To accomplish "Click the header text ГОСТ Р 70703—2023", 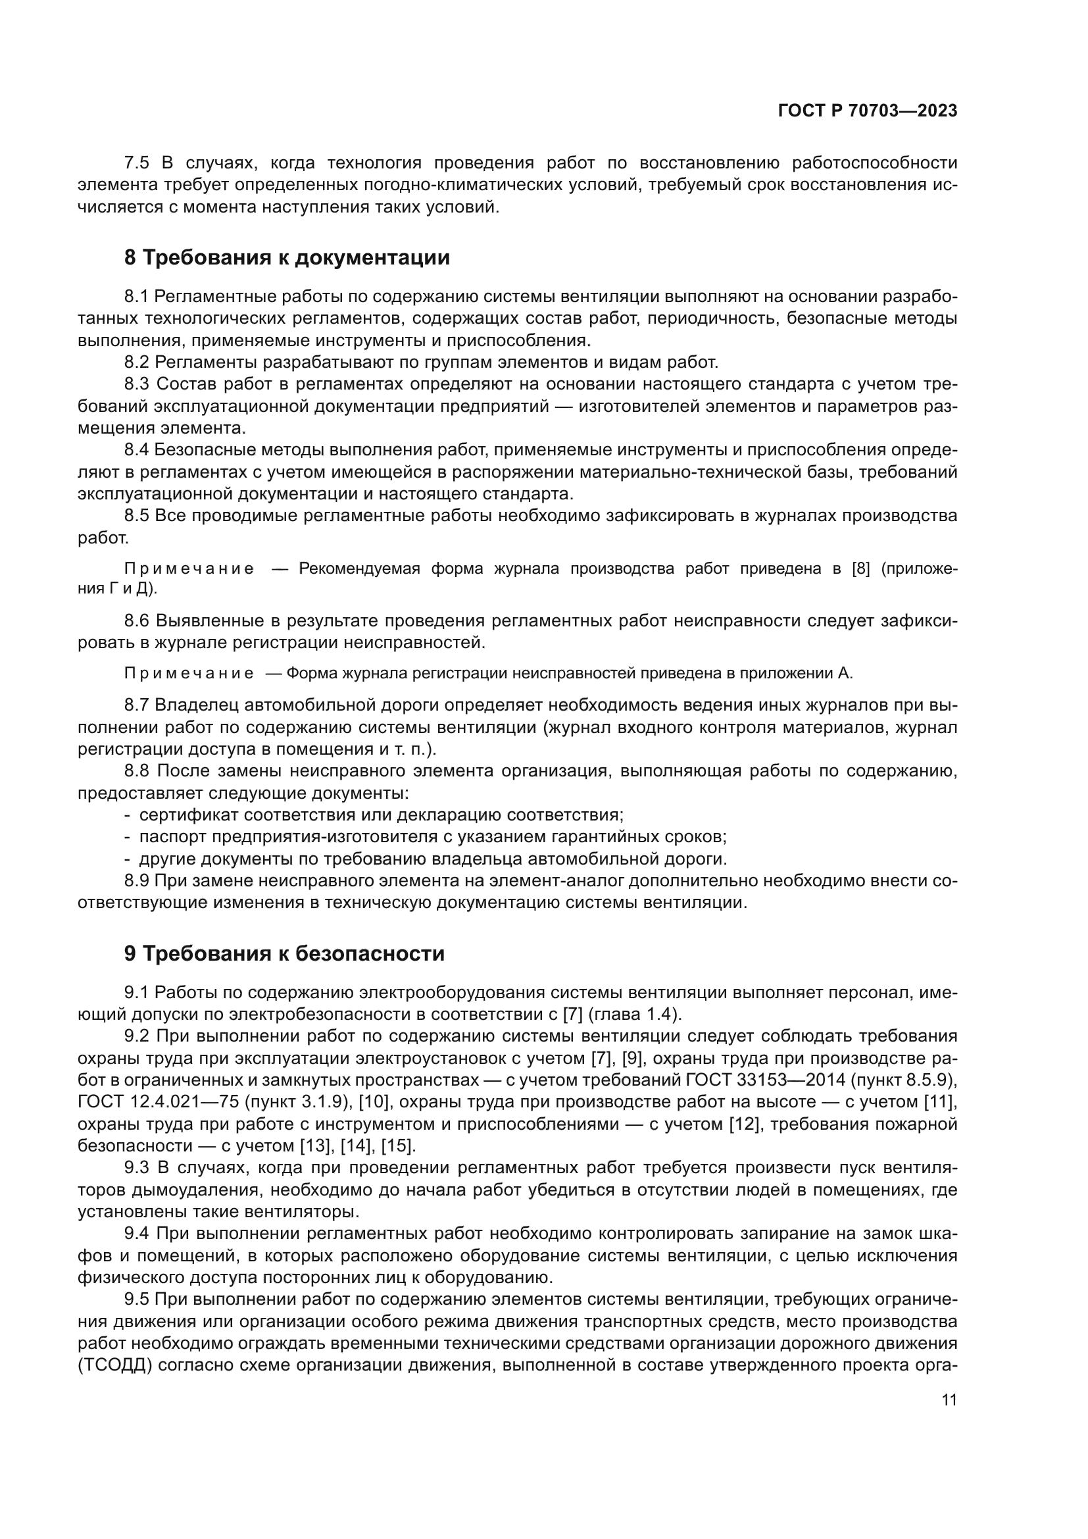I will (868, 111).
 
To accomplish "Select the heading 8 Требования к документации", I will (287, 257).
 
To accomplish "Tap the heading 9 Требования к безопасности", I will (284, 953).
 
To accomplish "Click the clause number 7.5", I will (137, 163).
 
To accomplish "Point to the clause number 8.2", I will (137, 363).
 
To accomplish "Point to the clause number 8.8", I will (137, 772).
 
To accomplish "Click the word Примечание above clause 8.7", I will (189, 674).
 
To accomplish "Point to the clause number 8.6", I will (137, 621).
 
